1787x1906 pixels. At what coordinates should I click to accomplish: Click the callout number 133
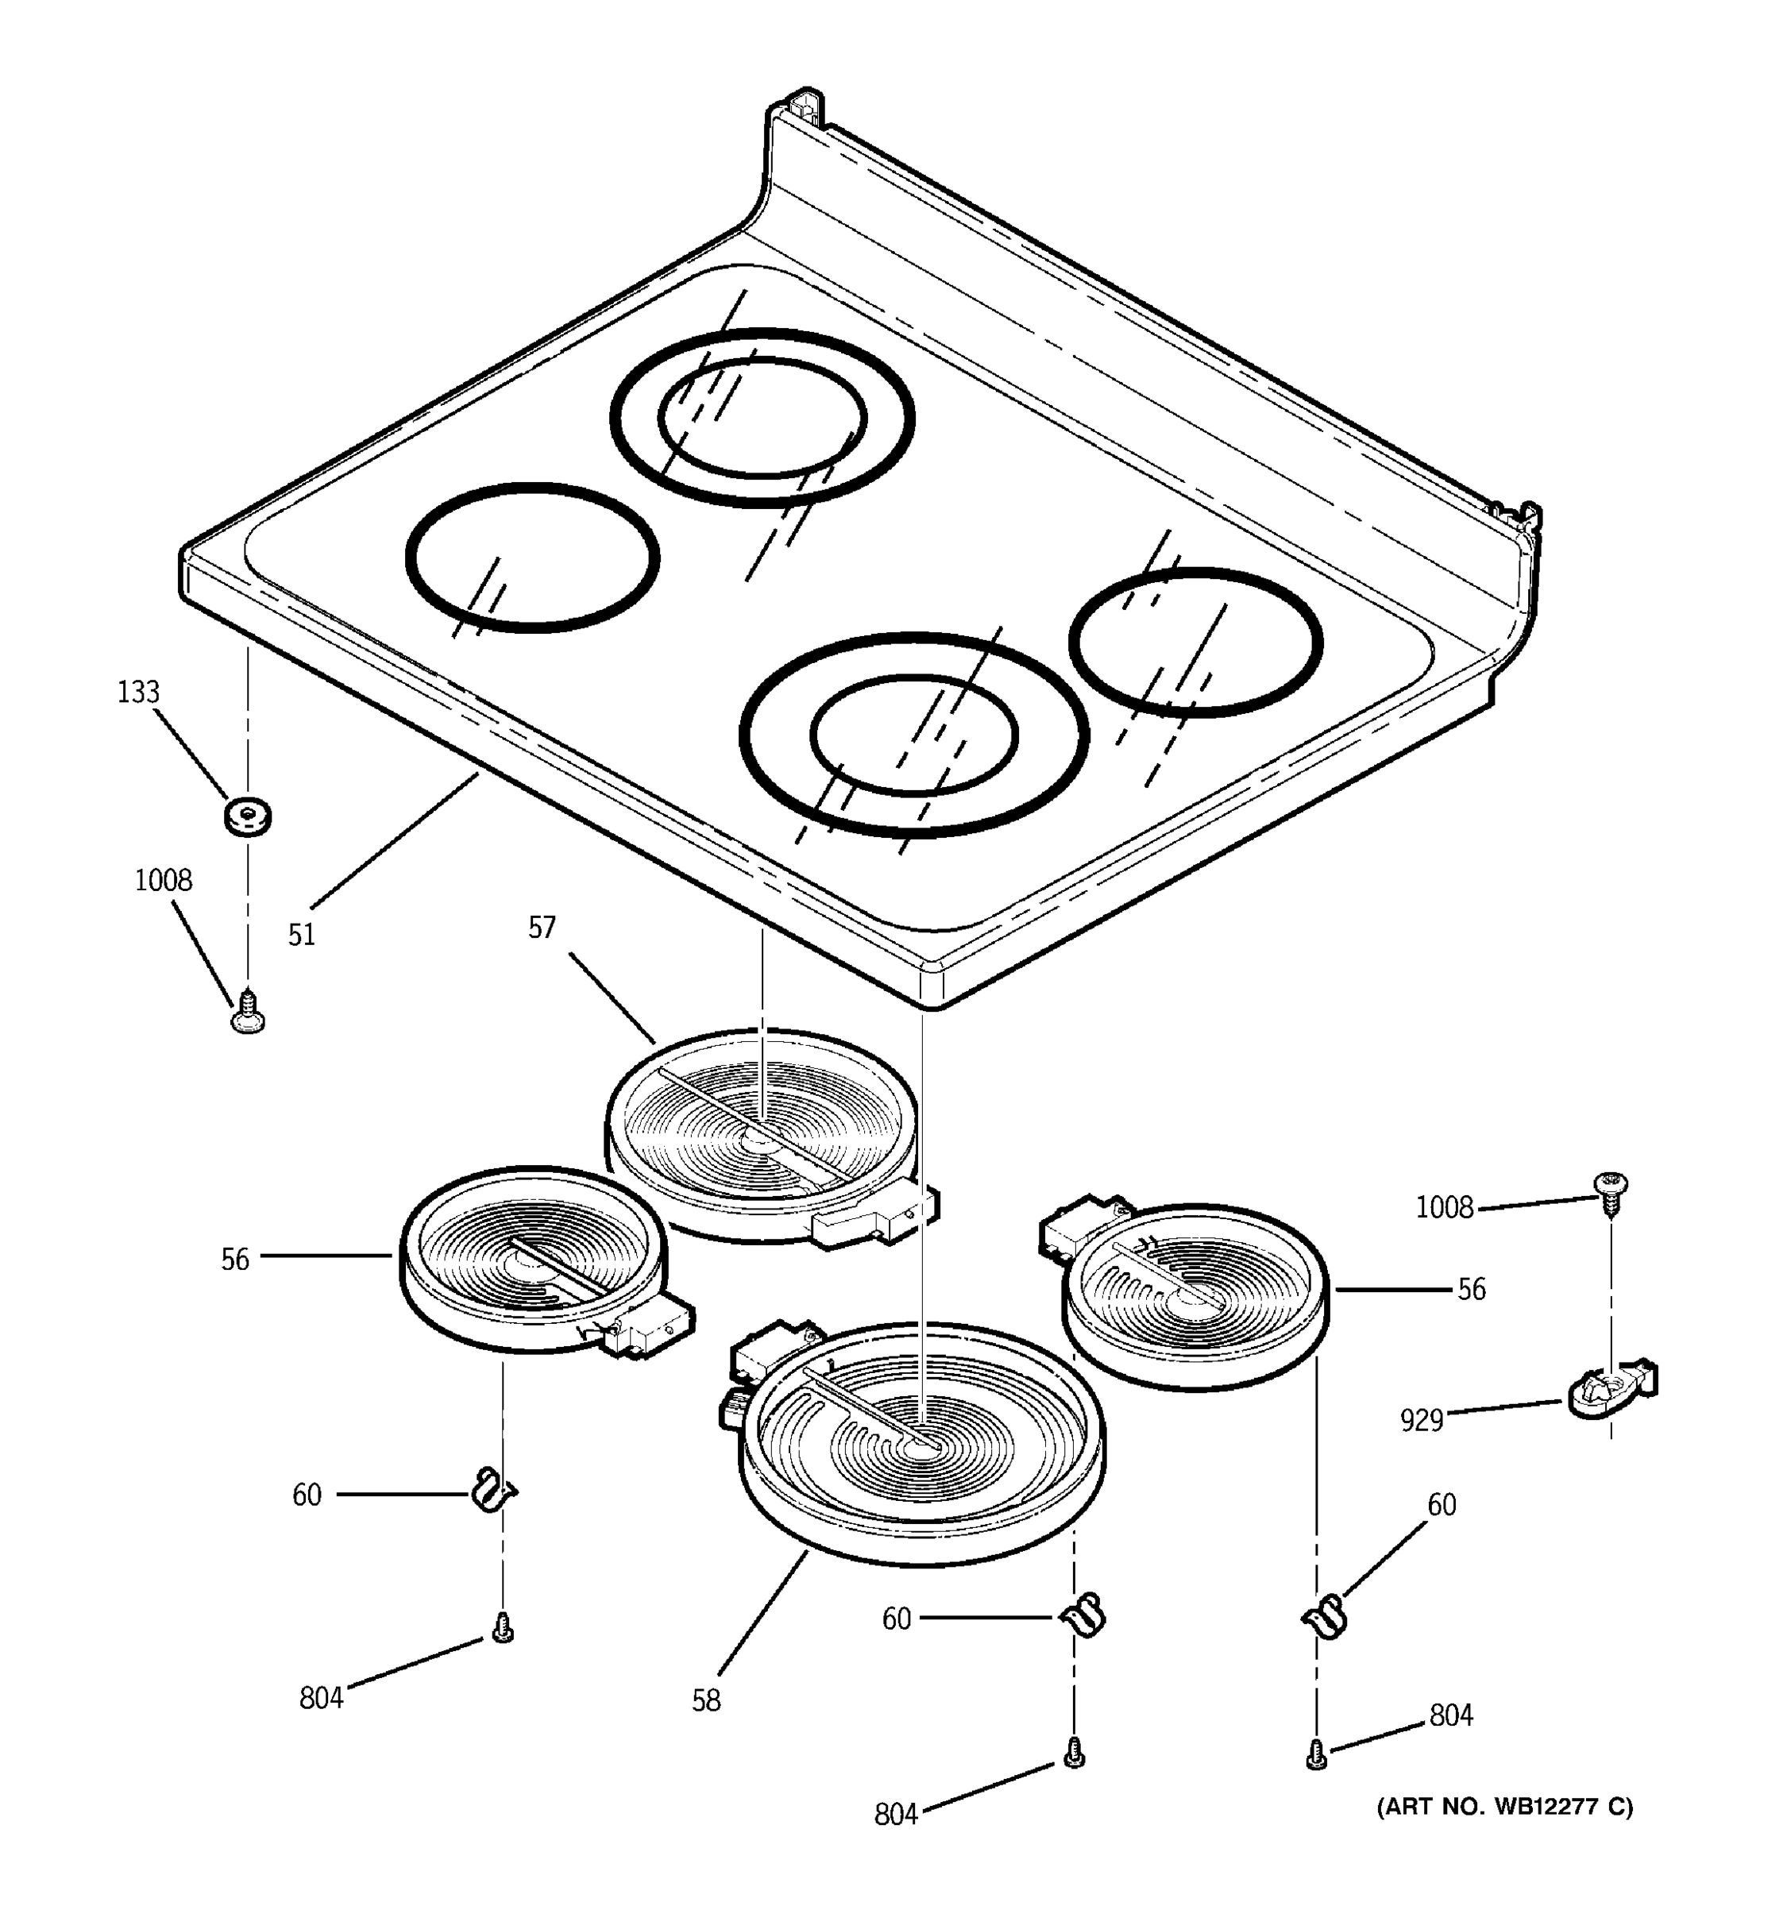tap(138, 693)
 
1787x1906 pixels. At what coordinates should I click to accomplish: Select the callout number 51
tap(301, 935)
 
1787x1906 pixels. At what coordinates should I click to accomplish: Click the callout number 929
tap(1422, 1420)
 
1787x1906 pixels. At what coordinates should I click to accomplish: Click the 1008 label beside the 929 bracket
tap(1444, 1207)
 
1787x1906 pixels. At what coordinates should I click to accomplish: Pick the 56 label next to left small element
tap(235, 1260)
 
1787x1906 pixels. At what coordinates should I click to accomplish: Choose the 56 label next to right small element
tap(1471, 1290)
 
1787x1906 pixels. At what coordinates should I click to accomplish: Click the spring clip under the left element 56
tap(492, 1491)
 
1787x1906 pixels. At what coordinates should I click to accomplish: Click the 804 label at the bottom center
tap(895, 1815)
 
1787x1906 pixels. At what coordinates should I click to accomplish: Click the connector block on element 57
tap(872, 1217)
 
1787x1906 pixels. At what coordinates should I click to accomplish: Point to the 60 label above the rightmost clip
tap(1441, 1505)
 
